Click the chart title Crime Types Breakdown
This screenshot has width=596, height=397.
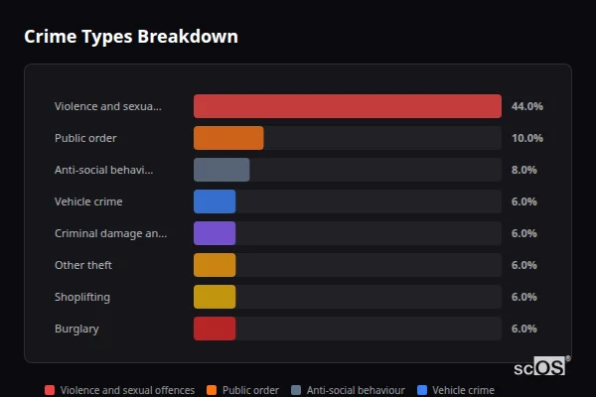[130, 37]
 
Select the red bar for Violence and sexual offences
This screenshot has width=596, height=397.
[347, 106]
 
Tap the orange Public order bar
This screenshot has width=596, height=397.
[228, 138]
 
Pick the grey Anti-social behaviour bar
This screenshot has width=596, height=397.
[222, 170]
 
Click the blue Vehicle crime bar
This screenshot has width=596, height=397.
[215, 201]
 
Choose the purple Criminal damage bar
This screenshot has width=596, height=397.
[215, 233]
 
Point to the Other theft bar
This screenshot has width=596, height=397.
[215, 265]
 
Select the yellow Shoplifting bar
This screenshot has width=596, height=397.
[215, 297]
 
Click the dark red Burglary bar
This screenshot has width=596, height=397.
[215, 329]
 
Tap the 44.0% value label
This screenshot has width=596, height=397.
[526, 106]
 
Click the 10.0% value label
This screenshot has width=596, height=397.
[526, 138]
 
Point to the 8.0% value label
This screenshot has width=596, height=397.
[523, 170]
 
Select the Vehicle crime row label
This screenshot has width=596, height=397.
[88, 201]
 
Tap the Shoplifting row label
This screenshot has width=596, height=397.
[82, 297]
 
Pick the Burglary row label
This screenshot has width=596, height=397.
[76, 329]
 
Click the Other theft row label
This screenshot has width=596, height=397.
[83, 265]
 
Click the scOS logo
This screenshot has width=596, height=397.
[541, 366]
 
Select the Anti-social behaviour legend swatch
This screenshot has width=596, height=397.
[296, 390]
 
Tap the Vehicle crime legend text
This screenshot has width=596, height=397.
[463, 390]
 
